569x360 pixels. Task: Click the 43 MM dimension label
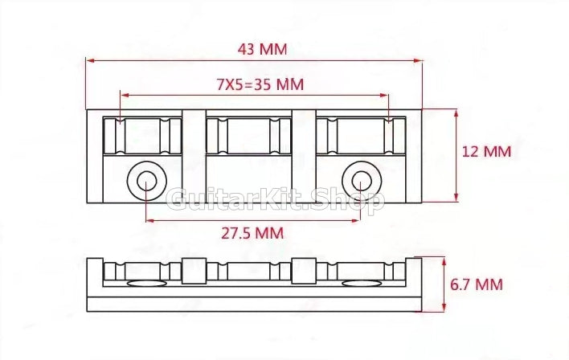261,48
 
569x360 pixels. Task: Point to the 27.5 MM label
252,233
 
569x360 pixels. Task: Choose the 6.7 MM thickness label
477,284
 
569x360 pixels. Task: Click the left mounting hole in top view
146,180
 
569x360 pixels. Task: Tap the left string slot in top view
143,136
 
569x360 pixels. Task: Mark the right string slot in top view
358,136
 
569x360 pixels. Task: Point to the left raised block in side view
193,271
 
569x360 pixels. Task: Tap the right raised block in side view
303,271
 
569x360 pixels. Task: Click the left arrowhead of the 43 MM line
90,59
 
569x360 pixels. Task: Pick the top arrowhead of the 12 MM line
456,113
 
